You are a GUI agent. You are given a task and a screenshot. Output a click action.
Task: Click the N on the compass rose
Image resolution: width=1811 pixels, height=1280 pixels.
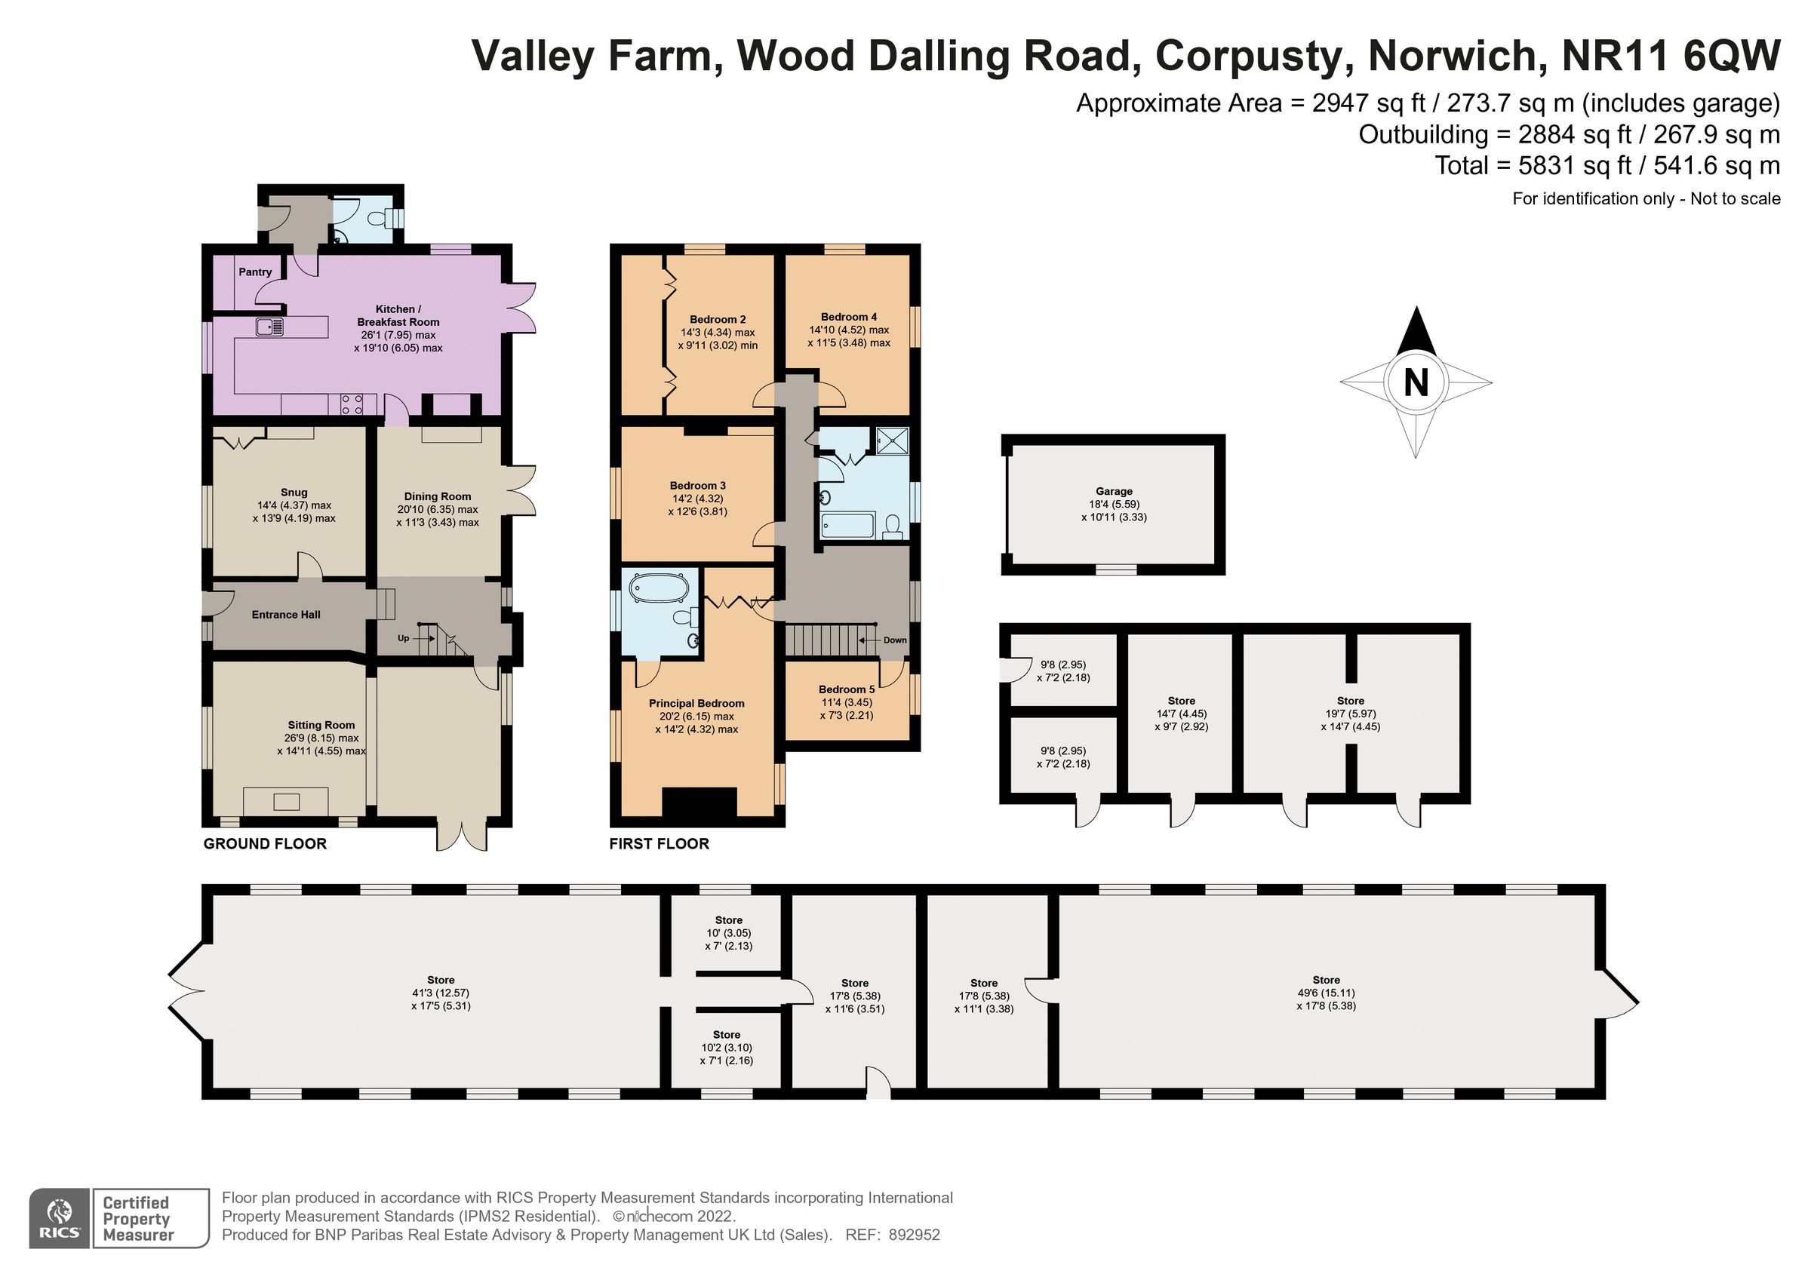click(1416, 382)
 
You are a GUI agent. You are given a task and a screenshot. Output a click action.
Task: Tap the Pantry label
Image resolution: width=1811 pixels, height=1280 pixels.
click(255, 272)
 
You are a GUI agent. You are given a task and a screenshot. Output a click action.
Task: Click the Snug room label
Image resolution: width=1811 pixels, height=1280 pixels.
click(294, 492)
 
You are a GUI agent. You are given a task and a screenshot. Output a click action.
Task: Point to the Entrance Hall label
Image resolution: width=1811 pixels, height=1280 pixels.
click(285, 615)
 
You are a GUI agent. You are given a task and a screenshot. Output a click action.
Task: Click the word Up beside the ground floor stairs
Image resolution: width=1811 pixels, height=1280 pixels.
click(403, 638)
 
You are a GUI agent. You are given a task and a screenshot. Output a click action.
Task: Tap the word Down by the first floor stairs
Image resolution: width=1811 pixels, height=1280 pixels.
click(894, 640)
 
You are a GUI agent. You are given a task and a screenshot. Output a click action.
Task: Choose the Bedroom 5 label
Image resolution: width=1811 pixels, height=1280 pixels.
click(847, 689)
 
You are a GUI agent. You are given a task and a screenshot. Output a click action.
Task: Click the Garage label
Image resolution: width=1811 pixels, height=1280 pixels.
click(1114, 491)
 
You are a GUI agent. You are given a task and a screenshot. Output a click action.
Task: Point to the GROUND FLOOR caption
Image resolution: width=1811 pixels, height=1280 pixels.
click(265, 844)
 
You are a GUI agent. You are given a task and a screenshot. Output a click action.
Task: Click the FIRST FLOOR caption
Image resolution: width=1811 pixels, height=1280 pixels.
click(659, 844)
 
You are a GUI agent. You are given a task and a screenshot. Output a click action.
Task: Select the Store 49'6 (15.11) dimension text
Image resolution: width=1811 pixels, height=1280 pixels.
click(1326, 993)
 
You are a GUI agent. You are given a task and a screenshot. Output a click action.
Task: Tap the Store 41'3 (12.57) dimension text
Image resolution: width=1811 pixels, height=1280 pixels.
click(440, 993)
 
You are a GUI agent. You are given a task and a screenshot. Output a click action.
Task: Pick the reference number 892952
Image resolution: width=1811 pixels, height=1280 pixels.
click(914, 1235)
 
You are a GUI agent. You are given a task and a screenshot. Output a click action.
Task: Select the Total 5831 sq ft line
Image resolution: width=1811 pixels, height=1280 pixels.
click(1607, 166)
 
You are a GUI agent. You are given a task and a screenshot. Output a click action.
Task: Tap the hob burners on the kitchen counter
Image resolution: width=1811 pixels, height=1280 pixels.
click(351, 404)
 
